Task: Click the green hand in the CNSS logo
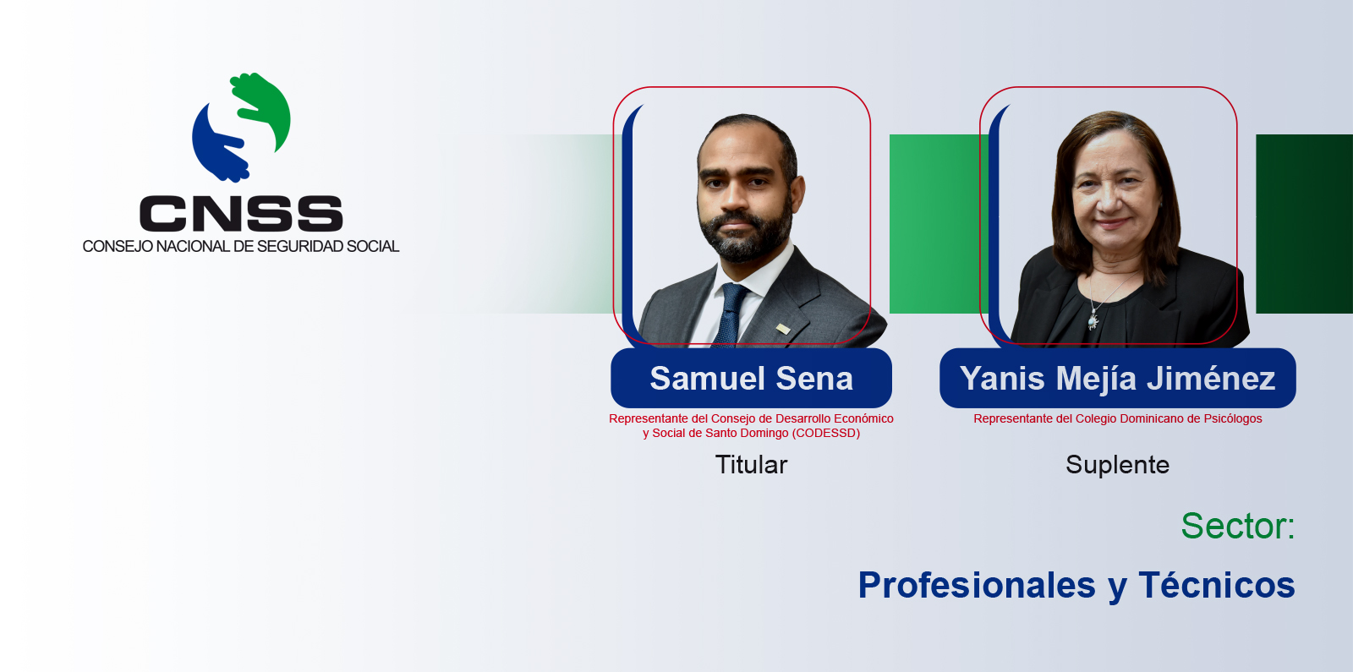266,109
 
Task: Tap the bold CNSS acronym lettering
241,213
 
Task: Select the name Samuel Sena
751,379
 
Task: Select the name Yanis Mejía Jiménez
1117,379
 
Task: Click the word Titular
751,464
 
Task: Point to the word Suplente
1117,465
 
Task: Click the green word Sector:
1238,526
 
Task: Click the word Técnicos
1217,585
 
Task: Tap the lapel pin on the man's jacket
783,329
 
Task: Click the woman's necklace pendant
1093,320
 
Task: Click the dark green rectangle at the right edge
1304,224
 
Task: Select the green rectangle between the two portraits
939,224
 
